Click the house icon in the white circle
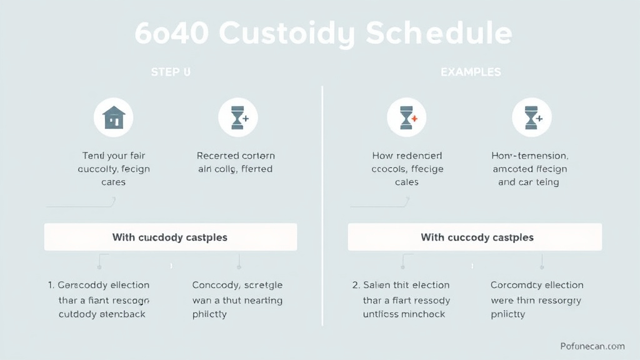pos(114,117)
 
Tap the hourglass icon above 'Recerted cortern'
pos(237,117)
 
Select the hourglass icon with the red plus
pos(407,117)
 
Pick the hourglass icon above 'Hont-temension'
pos(531,117)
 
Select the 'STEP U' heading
pos(171,72)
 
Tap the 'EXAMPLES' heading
pos(471,72)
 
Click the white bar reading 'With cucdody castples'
pos(170,237)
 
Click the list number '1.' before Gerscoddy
pos(51,285)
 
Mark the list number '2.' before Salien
pos(356,285)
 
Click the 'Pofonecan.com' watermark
pos(592,346)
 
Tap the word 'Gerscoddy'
pos(82,285)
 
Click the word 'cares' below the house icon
pos(113,182)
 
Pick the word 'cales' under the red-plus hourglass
pos(407,182)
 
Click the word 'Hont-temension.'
pos(530,156)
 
